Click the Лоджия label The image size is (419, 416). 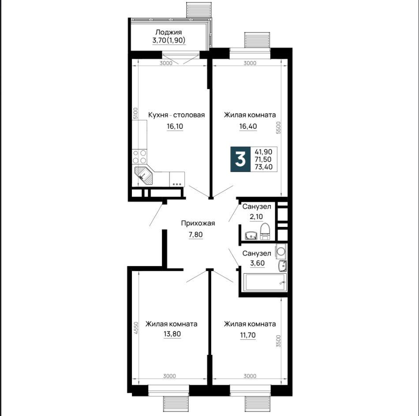click(x=168, y=32)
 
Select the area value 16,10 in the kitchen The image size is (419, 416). click(x=175, y=126)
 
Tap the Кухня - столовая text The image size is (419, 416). click(x=176, y=115)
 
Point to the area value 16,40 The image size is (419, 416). click(x=248, y=126)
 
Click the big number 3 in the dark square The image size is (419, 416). click(x=240, y=160)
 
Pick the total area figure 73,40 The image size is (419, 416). click(x=263, y=167)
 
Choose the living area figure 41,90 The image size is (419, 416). click(x=263, y=152)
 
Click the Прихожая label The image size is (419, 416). click(x=198, y=223)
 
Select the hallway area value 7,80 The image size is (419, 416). click(x=196, y=234)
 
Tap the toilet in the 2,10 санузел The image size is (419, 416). click(x=266, y=231)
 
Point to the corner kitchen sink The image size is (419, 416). click(x=143, y=175)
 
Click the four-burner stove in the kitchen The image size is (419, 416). click(x=139, y=156)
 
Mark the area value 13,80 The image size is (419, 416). click(x=172, y=334)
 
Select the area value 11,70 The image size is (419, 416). click(x=248, y=334)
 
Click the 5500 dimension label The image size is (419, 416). click(x=279, y=128)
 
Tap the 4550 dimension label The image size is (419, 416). click(x=136, y=328)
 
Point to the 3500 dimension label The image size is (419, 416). click(x=279, y=341)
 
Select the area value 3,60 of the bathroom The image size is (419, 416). click(x=257, y=263)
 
